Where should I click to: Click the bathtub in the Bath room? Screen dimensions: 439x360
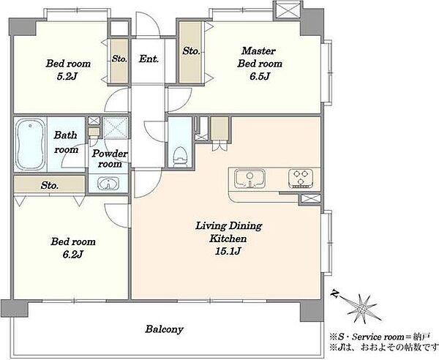click(x=30, y=145)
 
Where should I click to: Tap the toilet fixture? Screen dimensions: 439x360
click(x=180, y=157)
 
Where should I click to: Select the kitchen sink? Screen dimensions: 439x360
click(x=249, y=179)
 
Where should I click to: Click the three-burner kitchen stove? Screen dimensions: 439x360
click(x=301, y=178)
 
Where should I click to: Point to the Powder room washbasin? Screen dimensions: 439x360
click(x=108, y=184)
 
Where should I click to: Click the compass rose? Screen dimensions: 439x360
click(x=362, y=309)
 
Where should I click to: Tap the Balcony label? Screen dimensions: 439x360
click(x=165, y=329)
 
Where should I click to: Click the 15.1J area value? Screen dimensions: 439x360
click(x=228, y=252)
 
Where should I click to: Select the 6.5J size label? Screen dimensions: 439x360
click(x=260, y=76)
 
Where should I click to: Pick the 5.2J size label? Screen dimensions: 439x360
click(x=67, y=76)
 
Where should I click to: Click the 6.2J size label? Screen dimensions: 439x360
click(x=72, y=254)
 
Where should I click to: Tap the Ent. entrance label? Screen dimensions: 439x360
click(x=149, y=59)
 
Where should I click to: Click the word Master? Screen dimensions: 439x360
click(x=258, y=51)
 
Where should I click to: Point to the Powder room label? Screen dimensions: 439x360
click(x=110, y=159)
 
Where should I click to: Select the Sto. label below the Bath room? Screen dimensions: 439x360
click(x=50, y=185)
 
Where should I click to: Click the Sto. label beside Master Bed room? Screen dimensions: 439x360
click(x=191, y=51)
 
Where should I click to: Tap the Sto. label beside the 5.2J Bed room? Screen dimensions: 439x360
click(x=119, y=59)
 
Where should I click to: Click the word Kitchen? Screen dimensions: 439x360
click(x=228, y=239)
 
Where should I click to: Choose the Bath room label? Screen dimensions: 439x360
click(x=66, y=143)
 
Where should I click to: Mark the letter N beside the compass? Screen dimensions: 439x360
click(x=334, y=294)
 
